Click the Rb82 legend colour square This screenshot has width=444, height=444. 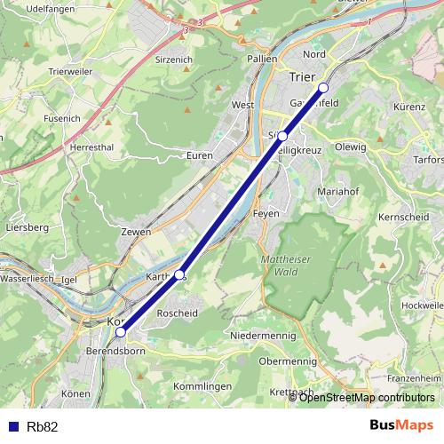click(13, 426)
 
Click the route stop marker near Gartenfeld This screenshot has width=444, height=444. click(323, 87)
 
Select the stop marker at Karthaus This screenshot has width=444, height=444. click(179, 275)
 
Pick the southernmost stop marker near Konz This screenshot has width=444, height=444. click(121, 333)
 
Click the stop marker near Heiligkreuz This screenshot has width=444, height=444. click(282, 135)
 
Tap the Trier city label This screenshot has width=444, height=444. click(302, 77)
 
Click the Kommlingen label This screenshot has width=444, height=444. click(204, 386)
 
